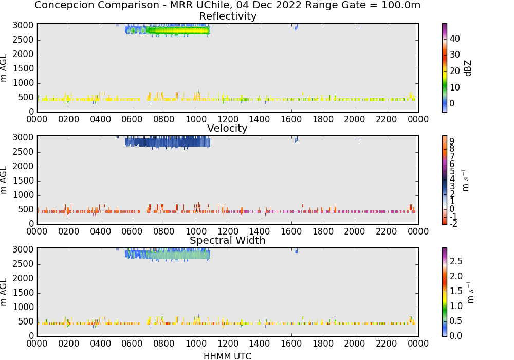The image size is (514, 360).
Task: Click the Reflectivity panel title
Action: pyautogui.click(x=228, y=16)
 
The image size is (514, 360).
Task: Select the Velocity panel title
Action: pyautogui.click(x=227, y=128)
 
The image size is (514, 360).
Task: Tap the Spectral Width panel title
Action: pyautogui.click(x=228, y=240)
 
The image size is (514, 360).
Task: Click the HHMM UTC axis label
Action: pyautogui.click(x=227, y=356)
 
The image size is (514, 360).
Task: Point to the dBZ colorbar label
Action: pyautogui.click(x=468, y=68)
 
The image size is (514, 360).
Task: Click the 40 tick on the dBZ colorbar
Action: pyautogui.click(x=455, y=39)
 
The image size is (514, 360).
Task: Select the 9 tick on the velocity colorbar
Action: pyautogui.click(x=452, y=141)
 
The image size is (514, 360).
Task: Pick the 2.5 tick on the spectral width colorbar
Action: pyautogui.click(x=456, y=261)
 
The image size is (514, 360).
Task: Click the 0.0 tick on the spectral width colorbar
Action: pyautogui.click(x=456, y=336)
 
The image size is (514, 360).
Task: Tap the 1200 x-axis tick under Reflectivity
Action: pyautogui.click(x=228, y=119)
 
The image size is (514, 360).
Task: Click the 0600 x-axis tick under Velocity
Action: pyautogui.click(x=133, y=231)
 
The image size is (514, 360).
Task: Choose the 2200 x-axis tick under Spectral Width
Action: pyautogui.click(x=387, y=344)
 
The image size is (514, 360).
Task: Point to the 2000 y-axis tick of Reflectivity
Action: pyautogui.click(x=23, y=55)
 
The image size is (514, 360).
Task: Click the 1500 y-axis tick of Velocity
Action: pyautogui.click(x=23, y=181)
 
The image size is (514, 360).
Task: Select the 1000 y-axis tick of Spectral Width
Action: pyautogui.click(x=23, y=308)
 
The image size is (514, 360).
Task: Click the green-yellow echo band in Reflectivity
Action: pyautogui.click(x=178, y=31)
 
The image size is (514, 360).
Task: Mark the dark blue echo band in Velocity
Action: pyautogui.click(x=168, y=142)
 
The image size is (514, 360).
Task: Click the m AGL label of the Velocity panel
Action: pyautogui.click(x=4, y=180)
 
